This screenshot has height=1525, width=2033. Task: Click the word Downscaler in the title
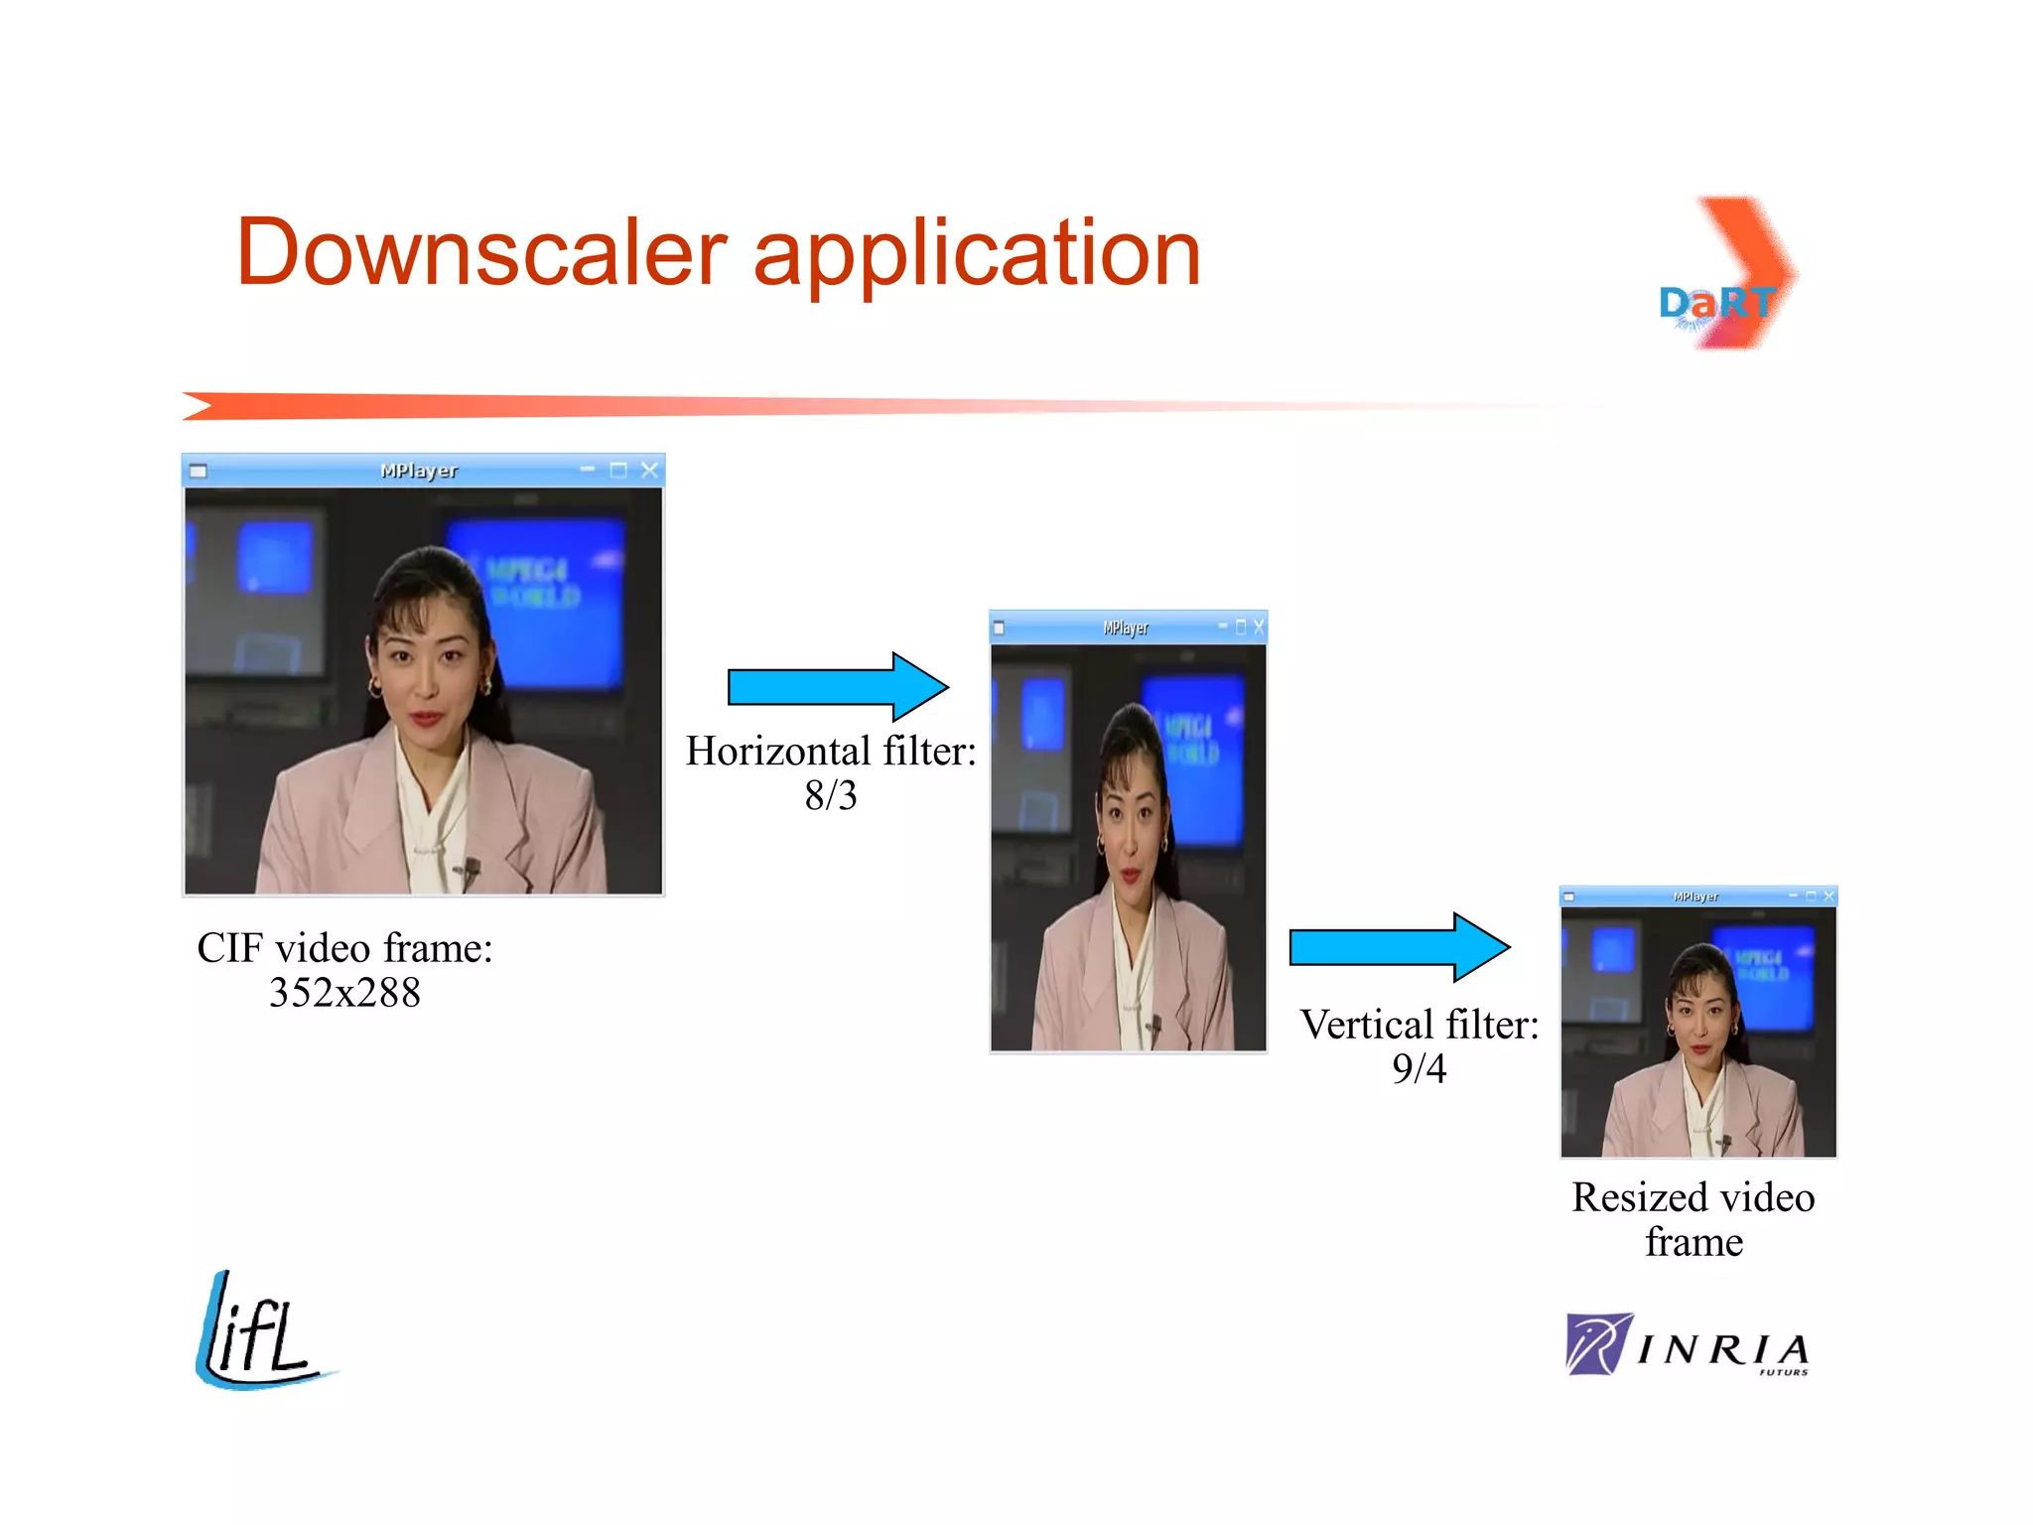[x=481, y=253]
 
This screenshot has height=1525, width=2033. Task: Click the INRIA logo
[x=1688, y=1346]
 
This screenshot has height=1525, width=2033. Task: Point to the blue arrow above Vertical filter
[x=1399, y=947]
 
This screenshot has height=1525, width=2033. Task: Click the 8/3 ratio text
[x=831, y=795]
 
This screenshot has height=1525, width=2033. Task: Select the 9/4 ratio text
[x=1419, y=1068]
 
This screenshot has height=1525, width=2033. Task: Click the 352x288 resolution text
[x=344, y=992]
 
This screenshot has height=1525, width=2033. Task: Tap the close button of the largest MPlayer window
[x=649, y=470]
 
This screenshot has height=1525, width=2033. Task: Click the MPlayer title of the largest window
[x=419, y=471]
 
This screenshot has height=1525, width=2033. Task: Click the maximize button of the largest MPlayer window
[x=618, y=470]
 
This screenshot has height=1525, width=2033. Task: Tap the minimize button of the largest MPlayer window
[x=588, y=469]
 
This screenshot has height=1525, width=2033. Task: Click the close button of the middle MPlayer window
[x=1259, y=626]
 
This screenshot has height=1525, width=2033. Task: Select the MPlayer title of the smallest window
[x=1695, y=897]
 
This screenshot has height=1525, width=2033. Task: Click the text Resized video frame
[x=1694, y=1218]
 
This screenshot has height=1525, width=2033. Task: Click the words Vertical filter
[x=1419, y=1025]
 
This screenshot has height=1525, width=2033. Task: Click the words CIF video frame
[x=344, y=948]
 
